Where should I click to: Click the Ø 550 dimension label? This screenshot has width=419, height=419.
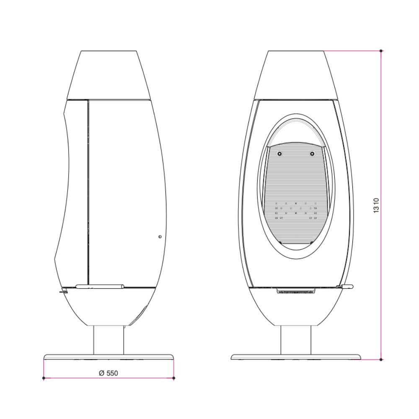pyautogui.click(x=108, y=373)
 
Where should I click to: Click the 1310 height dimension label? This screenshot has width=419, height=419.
pyautogui.click(x=376, y=205)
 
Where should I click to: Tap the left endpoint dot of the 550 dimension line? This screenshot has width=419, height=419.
pyautogui.click(x=44, y=378)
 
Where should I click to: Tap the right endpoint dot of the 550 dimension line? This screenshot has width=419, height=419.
pyautogui.click(x=174, y=378)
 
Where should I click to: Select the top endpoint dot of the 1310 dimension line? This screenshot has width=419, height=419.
pyautogui.click(x=381, y=51)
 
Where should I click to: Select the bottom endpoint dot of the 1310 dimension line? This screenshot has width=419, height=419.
pyautogui.click(x=381, y=360)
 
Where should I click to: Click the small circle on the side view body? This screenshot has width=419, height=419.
pyautogui.click(x=160, y=236)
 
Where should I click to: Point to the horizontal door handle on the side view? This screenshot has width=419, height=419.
pyautogui.click(x=100, y=287)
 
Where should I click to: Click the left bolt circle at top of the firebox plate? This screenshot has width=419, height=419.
pyautogui.click(x=279, y=154)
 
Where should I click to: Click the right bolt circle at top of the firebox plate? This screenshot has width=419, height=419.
pyautogui.click(x=312, y=154)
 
